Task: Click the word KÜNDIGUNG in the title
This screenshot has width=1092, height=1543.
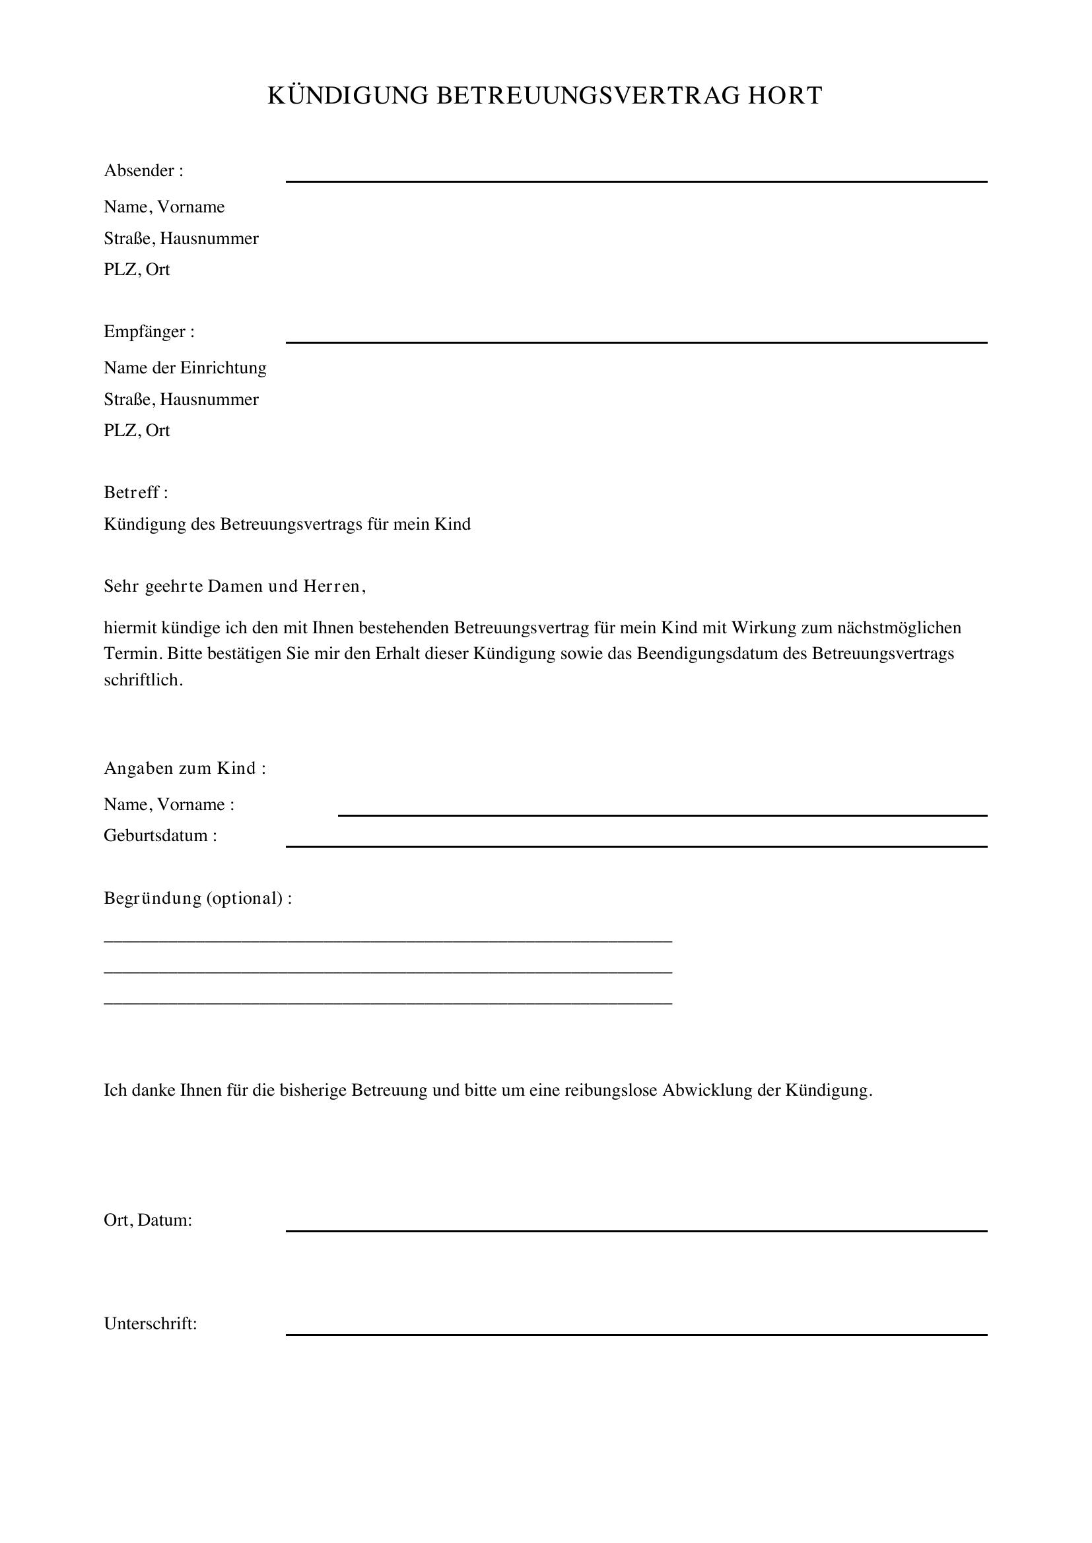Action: pos(348,96)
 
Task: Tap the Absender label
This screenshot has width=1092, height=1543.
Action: pos(143,171)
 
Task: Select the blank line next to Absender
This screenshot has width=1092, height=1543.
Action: pos(636,180)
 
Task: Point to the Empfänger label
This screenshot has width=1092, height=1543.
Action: pos(149,332)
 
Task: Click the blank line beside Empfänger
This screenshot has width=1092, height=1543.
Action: pos(636,342)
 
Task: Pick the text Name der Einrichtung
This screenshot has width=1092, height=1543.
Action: pos(185,367)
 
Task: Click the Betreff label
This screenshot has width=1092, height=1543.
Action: pos(135,493)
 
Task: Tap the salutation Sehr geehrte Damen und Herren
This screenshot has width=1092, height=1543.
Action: pos(234,586)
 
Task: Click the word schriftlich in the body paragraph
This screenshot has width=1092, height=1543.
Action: pos(143,679)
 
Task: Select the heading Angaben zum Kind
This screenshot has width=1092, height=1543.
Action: pos(184,768)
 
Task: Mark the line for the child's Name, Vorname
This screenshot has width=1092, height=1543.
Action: pos(662,815)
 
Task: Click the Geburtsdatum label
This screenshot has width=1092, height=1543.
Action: pos(160,836)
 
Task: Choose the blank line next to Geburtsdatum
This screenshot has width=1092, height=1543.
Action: pos(636,846)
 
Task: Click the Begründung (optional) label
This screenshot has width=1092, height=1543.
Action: pos(197,898)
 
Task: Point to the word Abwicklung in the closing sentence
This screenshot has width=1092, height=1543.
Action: pos(706,1090)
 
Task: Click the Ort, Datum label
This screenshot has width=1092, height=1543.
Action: pos(148,1220)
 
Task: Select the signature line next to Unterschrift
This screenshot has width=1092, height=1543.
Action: pos(636,1334)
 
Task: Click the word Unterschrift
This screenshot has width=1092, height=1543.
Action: pos(149,1324)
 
